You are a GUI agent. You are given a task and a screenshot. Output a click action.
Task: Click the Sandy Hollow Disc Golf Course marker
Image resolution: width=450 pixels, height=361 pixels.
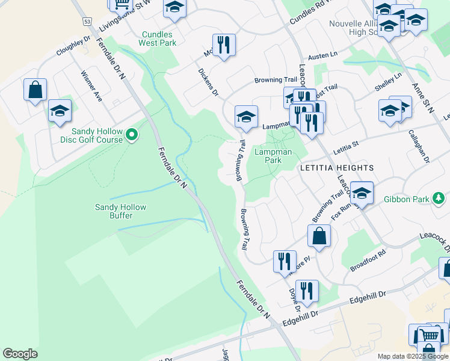[x=133, y=136]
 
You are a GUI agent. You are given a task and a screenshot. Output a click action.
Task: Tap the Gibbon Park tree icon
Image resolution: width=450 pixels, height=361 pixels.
[x=440, y=198]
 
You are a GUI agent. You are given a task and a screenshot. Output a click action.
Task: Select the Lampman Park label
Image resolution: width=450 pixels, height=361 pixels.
[x=268, y=156]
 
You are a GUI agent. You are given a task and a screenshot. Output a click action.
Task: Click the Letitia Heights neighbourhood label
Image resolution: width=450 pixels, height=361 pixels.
[x=337, y=168]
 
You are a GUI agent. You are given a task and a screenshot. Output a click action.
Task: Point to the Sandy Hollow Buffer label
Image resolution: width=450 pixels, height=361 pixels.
[x=120, y=211]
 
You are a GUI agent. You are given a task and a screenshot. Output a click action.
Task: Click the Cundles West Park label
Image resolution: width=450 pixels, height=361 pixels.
[x=158, y=39]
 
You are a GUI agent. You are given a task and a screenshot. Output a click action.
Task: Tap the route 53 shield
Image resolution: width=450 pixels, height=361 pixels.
[x=88, y=21]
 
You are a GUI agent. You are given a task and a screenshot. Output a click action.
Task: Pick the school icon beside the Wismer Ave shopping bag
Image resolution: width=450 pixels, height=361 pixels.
[x=60, y=111]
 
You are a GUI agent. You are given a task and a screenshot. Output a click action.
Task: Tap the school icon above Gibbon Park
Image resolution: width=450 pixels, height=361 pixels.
[x=362, y=193]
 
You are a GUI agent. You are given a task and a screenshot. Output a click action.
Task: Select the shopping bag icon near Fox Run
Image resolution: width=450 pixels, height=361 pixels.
[x=319, y=236]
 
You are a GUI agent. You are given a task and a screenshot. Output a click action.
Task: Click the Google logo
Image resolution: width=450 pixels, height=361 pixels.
[x=20, y=354]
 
